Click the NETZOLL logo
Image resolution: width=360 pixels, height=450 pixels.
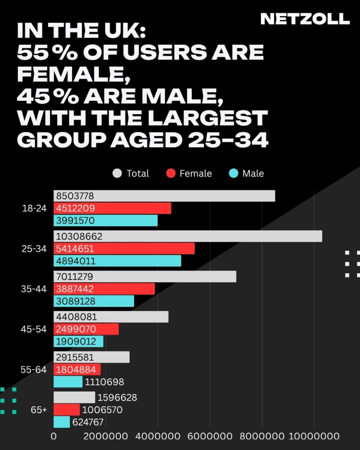pyautogui.click(x=305, y=19)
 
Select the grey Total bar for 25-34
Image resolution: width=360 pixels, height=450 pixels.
pyautogui.click(x=188, y=236)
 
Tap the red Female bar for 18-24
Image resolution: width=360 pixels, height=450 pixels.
pyautogui.click(x=112, y=208)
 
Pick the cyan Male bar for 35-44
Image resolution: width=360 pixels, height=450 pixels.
pyautogui.click(x=94, y=301)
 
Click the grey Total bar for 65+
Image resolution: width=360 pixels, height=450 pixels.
pyautogui.click(x=74, y=397)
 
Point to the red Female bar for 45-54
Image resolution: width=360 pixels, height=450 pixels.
pyautogui.click(x=86, y=329)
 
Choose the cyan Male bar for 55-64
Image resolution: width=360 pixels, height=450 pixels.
pyautogui.click(x=68, y=382)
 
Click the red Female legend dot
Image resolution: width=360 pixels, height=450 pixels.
pyautogui.click(x=171, y=174)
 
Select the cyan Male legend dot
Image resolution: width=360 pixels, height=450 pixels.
pyautogui.click(x=233, y=174)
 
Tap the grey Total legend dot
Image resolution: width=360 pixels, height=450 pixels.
pyautogui.click(x=117, y=174)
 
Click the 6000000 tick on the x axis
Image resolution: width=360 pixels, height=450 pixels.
pyautogui.click(x=210, y=436)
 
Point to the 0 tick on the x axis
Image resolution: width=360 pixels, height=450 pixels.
pyautogui.click(x=54, y=436)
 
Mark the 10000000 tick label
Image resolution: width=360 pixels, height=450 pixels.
pyautogui.click(x=314, y=436)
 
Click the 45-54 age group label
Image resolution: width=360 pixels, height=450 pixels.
pyautogui.click(x=34, y=329)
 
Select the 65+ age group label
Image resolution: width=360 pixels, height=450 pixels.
pyautogui.click(x=39, y=410)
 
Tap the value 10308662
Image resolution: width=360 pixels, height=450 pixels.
pyautogui.click(x=79, y=236)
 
